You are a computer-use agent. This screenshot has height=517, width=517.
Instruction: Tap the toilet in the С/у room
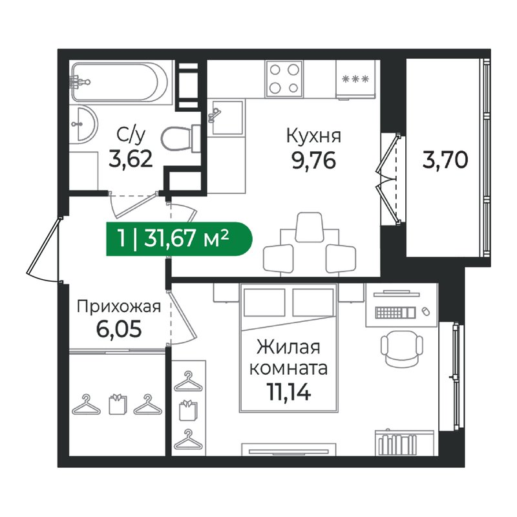click(178, 137)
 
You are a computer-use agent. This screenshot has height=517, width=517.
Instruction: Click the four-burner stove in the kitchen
click(284, 78)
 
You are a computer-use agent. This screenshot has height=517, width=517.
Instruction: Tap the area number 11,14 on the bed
click(288, 390)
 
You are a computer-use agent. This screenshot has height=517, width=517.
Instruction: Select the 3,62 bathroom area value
click(131, 158)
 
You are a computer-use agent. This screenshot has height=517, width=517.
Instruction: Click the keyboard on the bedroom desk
click(396, 313)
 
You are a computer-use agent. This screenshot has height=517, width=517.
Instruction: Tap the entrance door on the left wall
click(45, 249)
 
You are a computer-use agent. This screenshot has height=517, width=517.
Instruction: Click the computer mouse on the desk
click(425, 311)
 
